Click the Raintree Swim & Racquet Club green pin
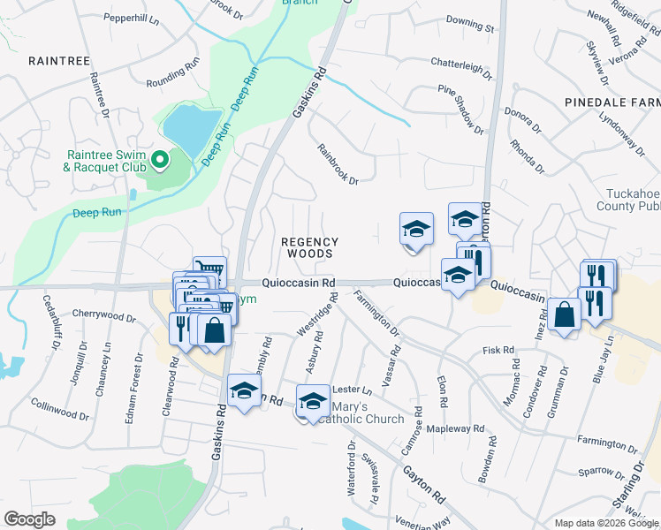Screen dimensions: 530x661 (160, 160)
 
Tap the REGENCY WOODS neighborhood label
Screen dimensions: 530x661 (309, 247)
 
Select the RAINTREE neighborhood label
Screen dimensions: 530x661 (59, 60)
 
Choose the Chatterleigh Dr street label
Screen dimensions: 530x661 (461, 65)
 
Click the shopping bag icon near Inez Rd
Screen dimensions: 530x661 (564, 315)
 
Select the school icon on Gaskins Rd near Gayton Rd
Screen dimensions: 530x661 (244, 390)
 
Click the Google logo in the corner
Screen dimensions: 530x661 (29, 519)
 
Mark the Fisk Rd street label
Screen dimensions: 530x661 (498, 351)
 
